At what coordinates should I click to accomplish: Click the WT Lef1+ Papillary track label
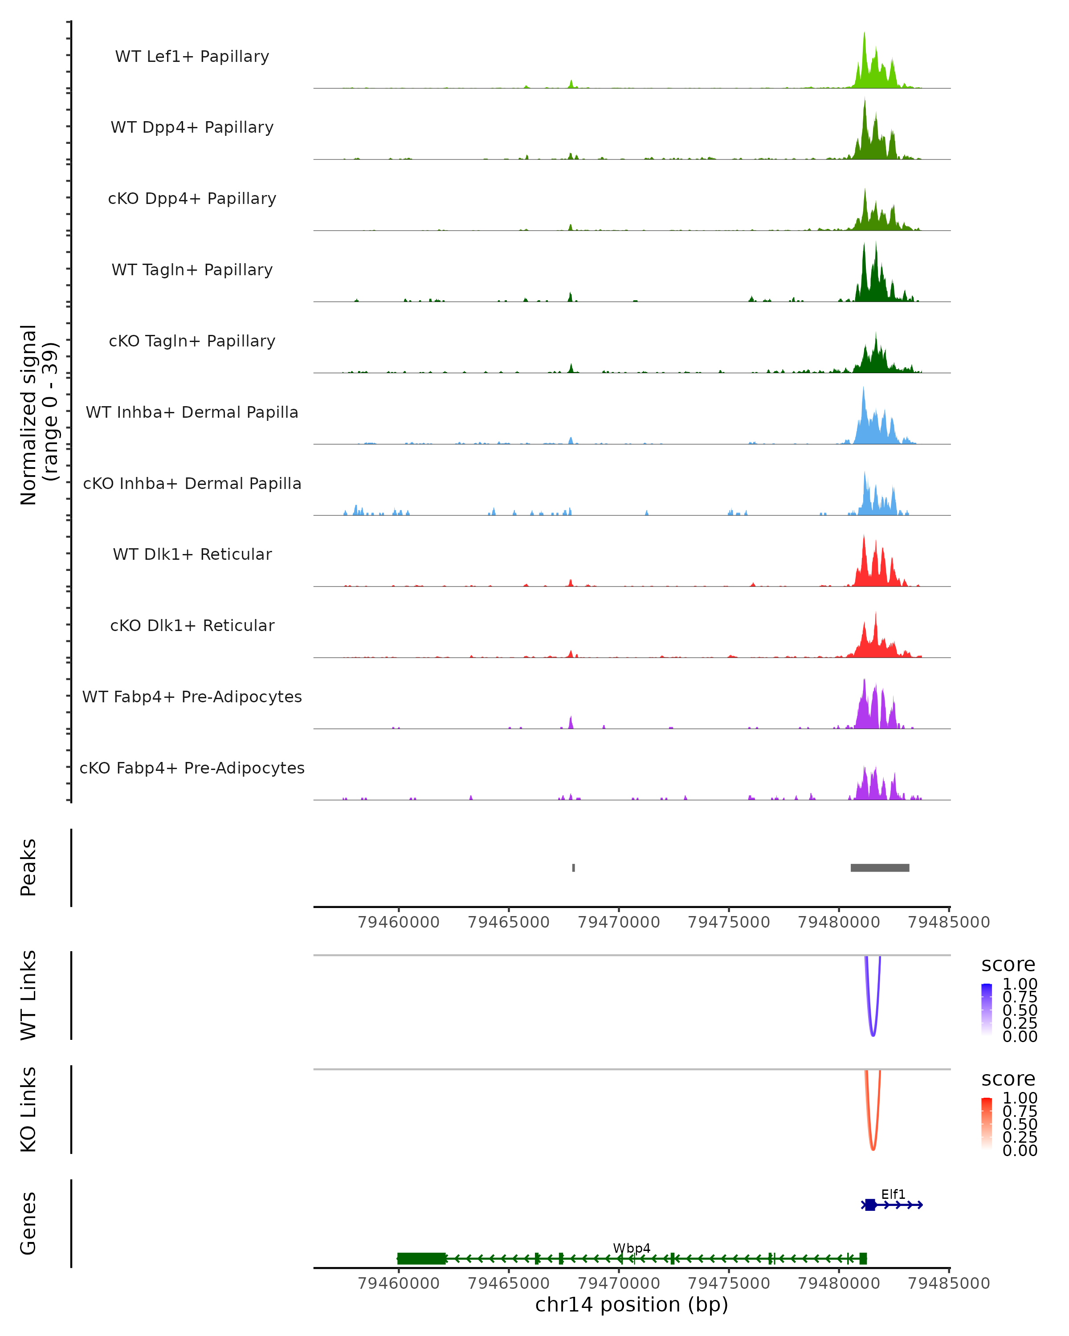point(192,57)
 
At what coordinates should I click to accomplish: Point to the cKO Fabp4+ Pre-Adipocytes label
point(192,768)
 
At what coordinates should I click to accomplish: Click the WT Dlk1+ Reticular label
point(192,554)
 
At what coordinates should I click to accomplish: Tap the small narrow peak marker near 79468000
point(573,868)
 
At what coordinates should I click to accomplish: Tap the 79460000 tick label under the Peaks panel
point(399,922)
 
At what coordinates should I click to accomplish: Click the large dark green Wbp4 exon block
point(421,1259)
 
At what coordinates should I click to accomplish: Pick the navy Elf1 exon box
point(870,1205)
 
